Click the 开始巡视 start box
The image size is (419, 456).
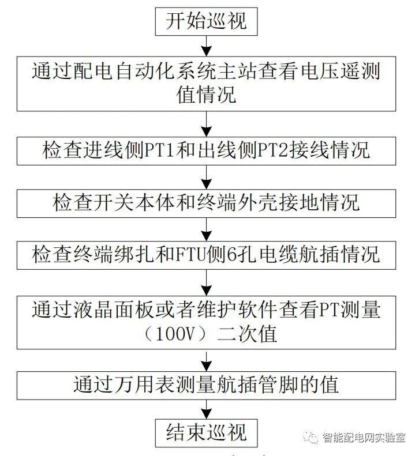coord(206,21)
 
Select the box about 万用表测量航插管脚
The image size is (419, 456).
coord(206,384)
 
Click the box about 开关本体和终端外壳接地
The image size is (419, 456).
coord(206,202)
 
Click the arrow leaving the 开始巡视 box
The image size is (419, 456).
coord(206,46)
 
